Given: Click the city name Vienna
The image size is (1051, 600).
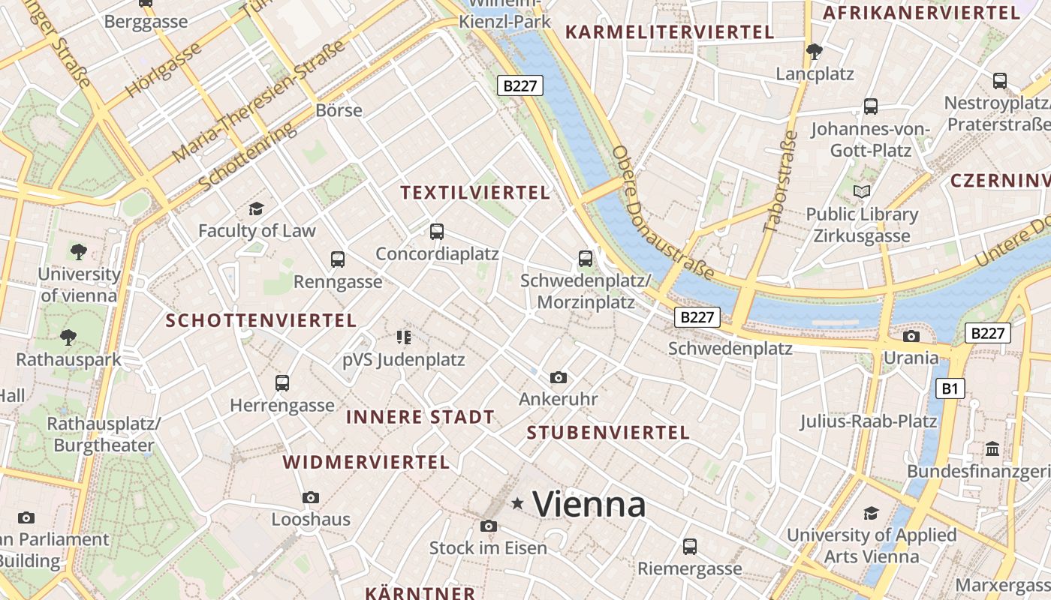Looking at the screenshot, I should click(x=589, y=504).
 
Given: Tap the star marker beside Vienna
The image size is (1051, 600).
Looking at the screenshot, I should click(x=517, y=503).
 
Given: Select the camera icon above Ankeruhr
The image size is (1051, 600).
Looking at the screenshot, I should click(x=558, y=377).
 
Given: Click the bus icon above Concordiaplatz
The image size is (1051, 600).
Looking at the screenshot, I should click(x=437, y=232).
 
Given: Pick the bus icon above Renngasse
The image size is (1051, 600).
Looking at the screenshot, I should click(x=338, y=259).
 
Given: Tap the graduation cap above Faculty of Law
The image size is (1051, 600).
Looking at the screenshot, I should click(x=257, y=208).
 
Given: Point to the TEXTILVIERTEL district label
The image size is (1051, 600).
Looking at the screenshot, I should click(x=475, y=193).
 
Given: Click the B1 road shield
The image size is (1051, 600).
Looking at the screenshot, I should click(x=950, y=388).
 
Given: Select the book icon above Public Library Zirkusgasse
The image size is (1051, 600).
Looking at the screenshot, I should click(x=862, y=192).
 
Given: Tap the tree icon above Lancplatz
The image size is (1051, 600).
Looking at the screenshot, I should click(x=814, y=52).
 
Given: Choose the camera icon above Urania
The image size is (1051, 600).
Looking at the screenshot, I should click(x=911, y=336).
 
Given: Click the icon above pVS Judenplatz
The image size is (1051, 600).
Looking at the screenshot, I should click(x=404, y=337).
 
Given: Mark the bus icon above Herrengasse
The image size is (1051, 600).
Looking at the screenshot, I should click(x=282, y=383).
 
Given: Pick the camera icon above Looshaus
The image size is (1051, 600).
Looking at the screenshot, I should click(x=311, y=497).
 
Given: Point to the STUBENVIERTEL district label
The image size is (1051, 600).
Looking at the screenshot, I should click(x=608, y=433).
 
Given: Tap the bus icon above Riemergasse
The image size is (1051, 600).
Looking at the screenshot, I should click(x=690, y=547).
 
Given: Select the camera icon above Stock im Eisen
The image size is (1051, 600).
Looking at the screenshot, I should click(x=489, y=526).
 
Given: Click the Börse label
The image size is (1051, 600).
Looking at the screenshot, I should click(x=339, y=110).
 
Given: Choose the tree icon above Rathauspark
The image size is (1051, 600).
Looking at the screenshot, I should click(x=68, y=337).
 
